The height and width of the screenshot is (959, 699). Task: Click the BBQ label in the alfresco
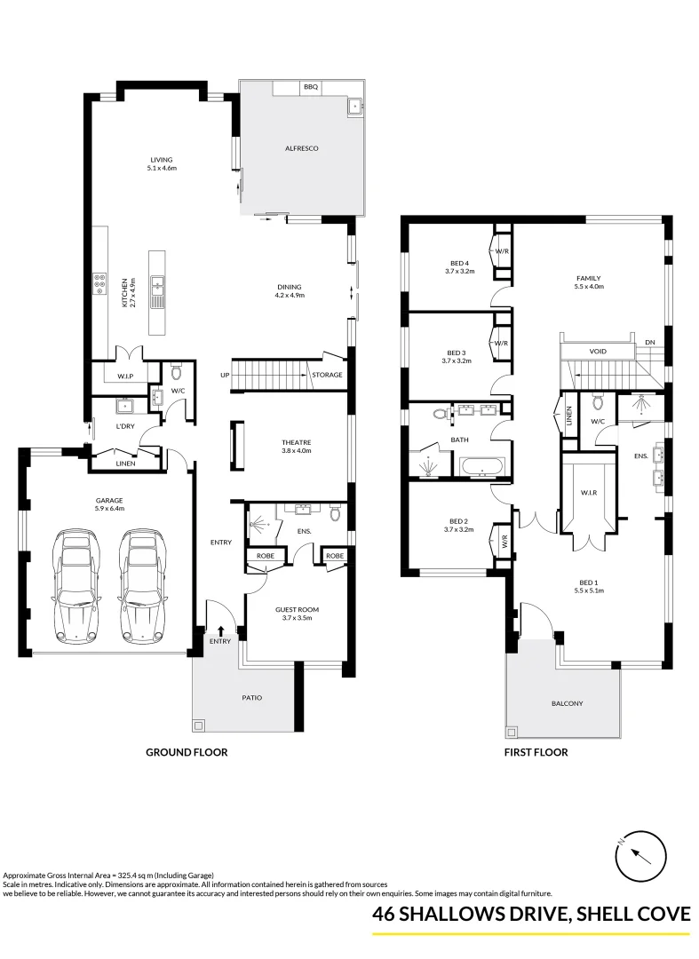310,87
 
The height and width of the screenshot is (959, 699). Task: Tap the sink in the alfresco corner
356,106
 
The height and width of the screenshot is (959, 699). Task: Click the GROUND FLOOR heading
187,752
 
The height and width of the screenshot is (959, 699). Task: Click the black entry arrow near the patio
219,630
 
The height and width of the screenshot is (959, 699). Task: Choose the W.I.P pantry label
125,376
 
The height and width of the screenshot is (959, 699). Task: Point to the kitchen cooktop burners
99,285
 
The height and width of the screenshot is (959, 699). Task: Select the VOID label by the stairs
597,352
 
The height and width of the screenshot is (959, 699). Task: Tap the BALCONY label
567,703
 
